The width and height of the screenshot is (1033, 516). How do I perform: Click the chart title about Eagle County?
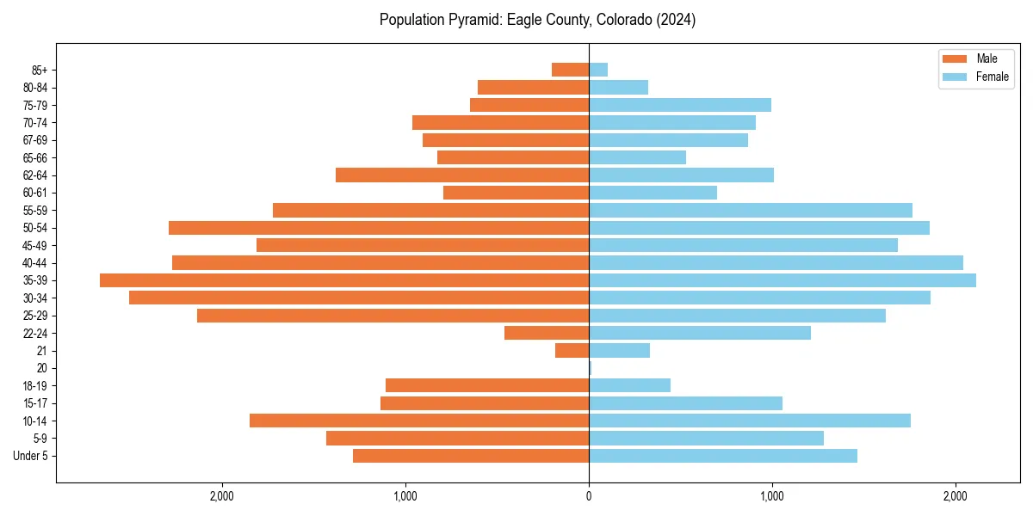537,20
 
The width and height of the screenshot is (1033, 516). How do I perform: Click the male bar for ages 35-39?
344,280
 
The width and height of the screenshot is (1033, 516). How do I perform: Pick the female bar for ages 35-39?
782,280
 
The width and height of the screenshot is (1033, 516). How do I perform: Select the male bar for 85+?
570,70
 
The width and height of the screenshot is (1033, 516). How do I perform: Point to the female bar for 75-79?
680,105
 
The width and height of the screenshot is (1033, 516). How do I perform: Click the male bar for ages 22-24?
547,333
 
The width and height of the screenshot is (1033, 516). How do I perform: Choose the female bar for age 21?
619,350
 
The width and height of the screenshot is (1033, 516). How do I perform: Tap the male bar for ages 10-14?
419,421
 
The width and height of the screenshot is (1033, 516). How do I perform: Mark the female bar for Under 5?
723,456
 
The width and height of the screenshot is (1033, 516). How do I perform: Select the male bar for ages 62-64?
462,175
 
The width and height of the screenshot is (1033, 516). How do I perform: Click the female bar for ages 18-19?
629,385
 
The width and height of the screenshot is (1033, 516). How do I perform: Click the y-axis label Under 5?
30,456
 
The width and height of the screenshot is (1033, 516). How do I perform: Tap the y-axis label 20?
42,368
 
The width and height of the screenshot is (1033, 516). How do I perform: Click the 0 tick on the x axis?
589,496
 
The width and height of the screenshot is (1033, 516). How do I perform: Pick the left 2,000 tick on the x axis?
222,496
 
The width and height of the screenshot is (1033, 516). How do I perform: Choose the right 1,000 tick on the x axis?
772,496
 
